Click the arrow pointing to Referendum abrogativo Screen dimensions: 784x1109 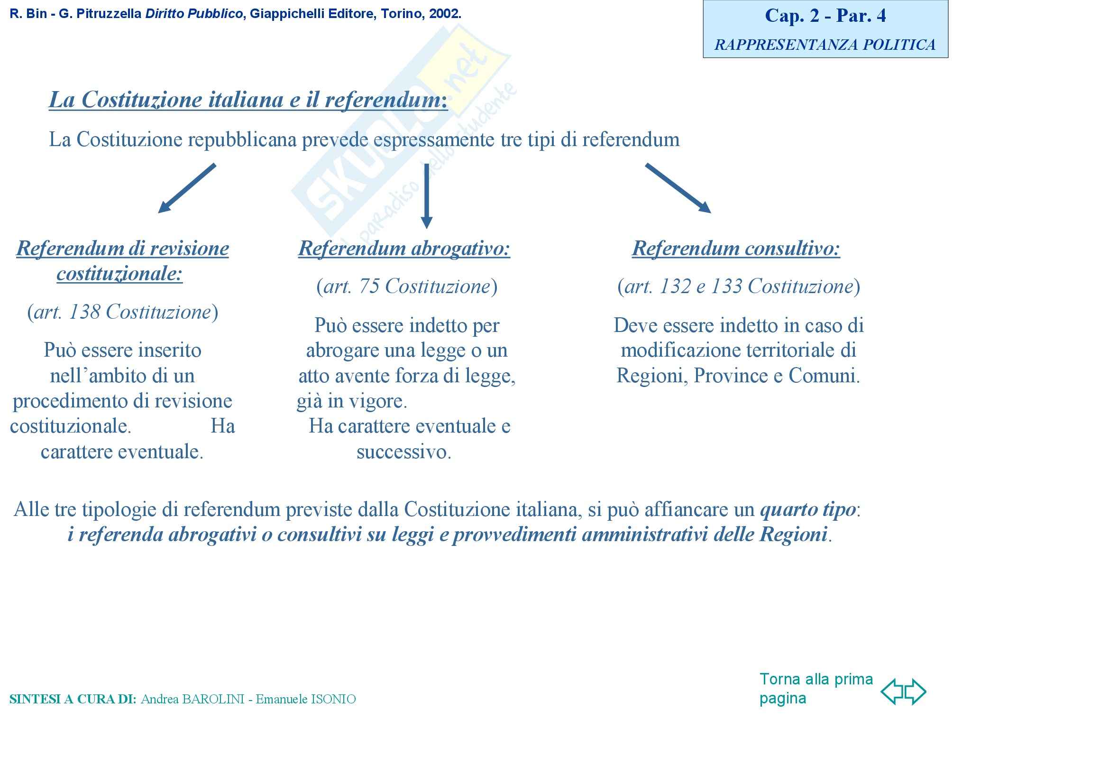[x=426, y=195]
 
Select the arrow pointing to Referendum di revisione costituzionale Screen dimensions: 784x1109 [x=187, y=188]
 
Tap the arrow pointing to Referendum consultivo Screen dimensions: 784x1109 [x=678, y=188]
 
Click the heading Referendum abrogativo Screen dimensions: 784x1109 [x=404, y=249]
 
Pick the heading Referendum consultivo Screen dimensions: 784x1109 [x=736, y=249]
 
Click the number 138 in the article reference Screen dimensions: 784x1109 [x=84, y=312]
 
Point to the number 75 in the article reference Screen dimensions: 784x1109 [x=369, y=286]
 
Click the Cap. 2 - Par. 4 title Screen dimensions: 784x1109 [x=825, y=16]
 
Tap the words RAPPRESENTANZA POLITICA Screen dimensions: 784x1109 [x=825, y=45]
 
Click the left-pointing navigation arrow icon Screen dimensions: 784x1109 [x=892, y=691]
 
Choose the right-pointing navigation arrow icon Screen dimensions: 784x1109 [x=915, y=691]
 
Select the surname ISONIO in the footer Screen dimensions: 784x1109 [x=333, y=699]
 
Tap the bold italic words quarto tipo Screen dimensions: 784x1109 [x=807, y=509]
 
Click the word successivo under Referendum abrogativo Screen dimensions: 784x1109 [x=403, y=452]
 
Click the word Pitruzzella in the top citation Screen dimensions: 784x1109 [x=109, y=14]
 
